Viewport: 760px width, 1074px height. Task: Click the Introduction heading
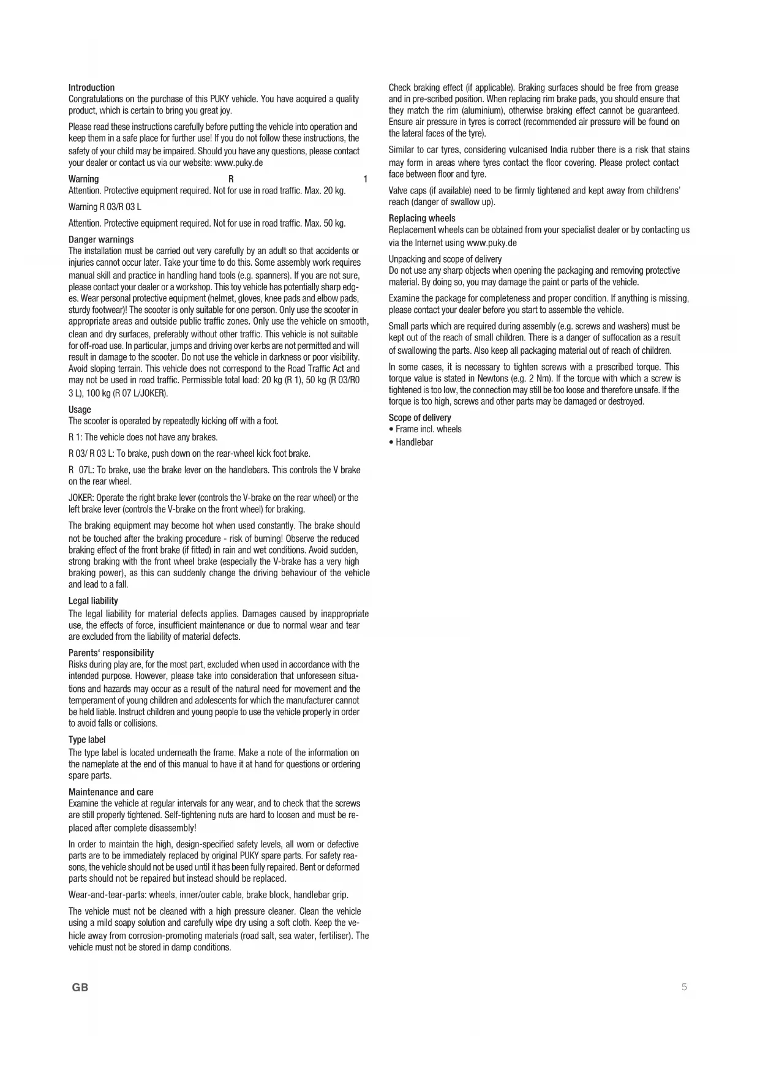[x=91, y=88]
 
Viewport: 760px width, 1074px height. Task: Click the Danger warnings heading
[x=100, y=239]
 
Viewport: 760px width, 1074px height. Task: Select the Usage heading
[x=80, y=410]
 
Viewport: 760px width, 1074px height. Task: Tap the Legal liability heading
[x=93, y=601]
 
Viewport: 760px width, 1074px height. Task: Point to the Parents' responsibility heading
[x=111, y=653]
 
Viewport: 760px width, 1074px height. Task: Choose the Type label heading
[x=87, y=740]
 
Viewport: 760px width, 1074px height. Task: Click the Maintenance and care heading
[x=111, y=792]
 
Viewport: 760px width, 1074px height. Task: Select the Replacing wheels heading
[x=422, y=218]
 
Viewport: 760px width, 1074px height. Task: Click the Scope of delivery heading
[x=420, y=418]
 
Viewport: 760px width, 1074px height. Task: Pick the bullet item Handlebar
[x=414, y=442]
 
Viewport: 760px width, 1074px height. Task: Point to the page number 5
[x=684, y=986]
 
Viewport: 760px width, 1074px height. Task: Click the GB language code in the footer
[x=80, y=987]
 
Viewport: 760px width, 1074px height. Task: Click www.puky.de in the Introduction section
[x=239, y=163]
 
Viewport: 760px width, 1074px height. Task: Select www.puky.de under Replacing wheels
[x=492, y=242]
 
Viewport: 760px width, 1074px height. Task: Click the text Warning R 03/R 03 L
[x=105, y=207]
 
